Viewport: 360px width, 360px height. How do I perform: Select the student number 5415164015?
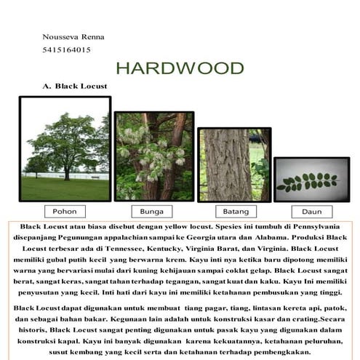[x=67, y=49]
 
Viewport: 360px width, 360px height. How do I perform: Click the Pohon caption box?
[x=65, y=211]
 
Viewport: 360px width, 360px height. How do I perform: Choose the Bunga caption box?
[x=152, y=211]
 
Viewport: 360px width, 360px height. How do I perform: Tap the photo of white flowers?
[x=153, y=156]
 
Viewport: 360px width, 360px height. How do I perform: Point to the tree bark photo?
[x=234, y=165]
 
